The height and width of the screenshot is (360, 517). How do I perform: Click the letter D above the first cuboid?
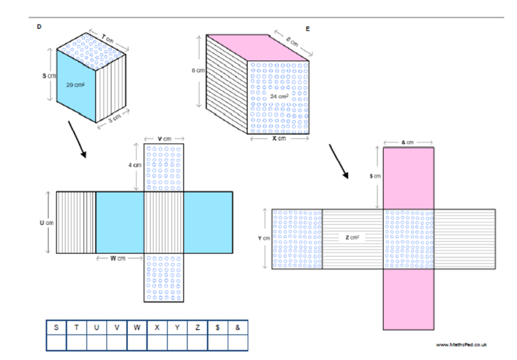pyautogui.click(x=40, y=26)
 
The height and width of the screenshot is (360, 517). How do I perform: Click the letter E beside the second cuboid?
pyautogui.click(x=308, y=29)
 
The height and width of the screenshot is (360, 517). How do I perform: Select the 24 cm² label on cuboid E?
pyautogui.click(x=280, y=96)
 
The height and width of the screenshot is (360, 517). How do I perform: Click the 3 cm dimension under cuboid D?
pyautogui.click(x=115, y=119)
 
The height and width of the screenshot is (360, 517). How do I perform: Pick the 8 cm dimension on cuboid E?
pyautogui.click(x=291, y=42)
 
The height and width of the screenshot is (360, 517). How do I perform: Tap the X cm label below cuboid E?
pyautogui.click(x=280, y=139)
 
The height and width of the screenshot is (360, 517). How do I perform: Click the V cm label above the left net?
pyautogui.click(x=164, y=139)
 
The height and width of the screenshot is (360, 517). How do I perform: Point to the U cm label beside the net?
pyautogui.click(x=45, y=223)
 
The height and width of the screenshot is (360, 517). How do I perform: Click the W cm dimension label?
pyautogui.click(x=119, y=258)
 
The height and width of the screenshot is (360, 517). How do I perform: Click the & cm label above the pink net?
pyautogui.click(x=408, y=142)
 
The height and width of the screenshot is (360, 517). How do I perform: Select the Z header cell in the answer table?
pyautogui.click(x=198, y=327)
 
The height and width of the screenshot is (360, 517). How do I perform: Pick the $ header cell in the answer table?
pyautogui.click(x=218, y=327)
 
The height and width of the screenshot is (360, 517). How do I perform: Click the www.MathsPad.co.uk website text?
pyautogui.click(x=461, y=344)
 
